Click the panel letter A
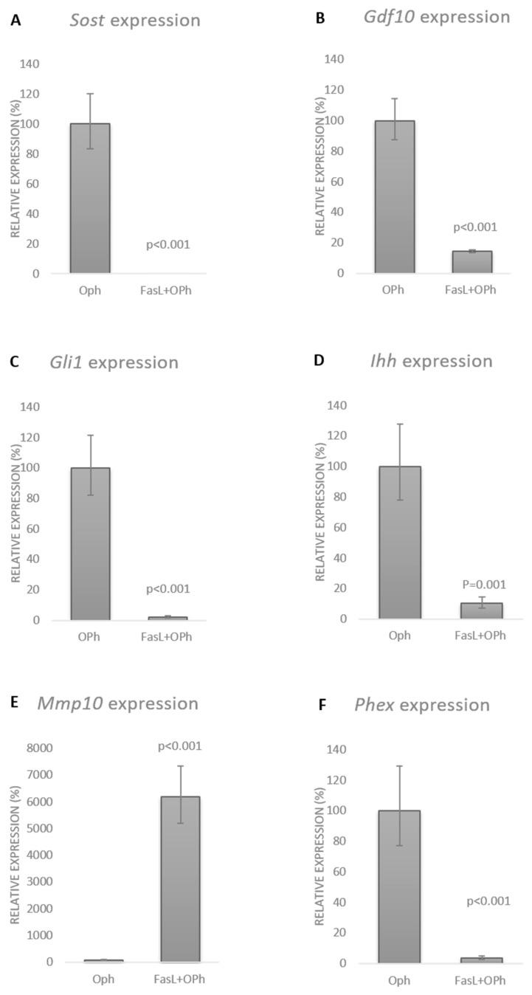(x=15, y=21)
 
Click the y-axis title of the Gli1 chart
(x=16, y=513)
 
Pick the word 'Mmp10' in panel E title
(x=69, y=703)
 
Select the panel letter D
(x=319, y=361)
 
